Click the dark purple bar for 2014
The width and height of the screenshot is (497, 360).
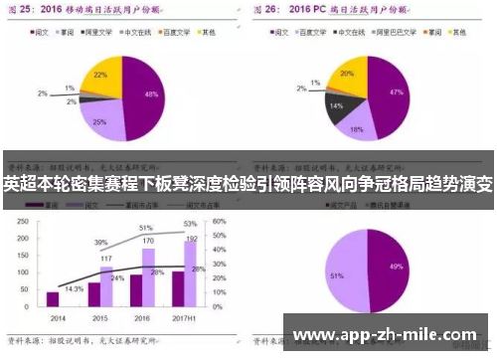(x=53, y=298)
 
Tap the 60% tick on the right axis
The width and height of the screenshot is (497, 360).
(x=221, y=221)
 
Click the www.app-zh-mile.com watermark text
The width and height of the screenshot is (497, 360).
(x=388, y=334)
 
